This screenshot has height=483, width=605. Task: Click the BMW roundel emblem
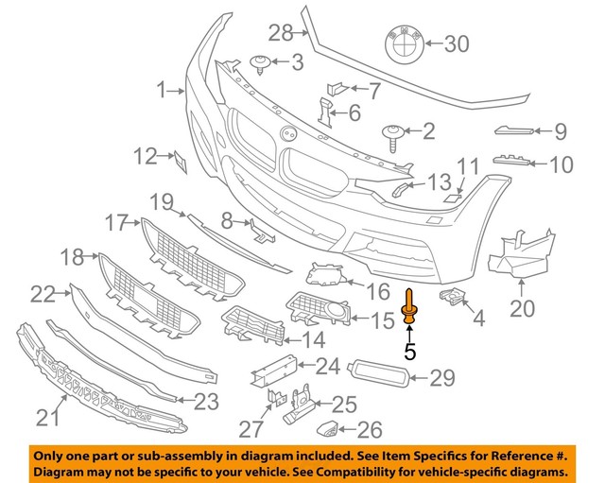pos(404,43)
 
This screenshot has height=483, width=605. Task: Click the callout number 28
pos(281,34)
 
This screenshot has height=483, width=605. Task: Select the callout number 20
pos(522,308)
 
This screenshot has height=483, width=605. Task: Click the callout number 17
pos(116,223)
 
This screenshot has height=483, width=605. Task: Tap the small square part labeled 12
pos(177,160)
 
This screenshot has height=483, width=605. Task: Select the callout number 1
pos(162,91)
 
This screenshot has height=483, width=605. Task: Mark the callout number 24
pos(327,366)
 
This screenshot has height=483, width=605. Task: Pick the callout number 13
pos(441,181)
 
